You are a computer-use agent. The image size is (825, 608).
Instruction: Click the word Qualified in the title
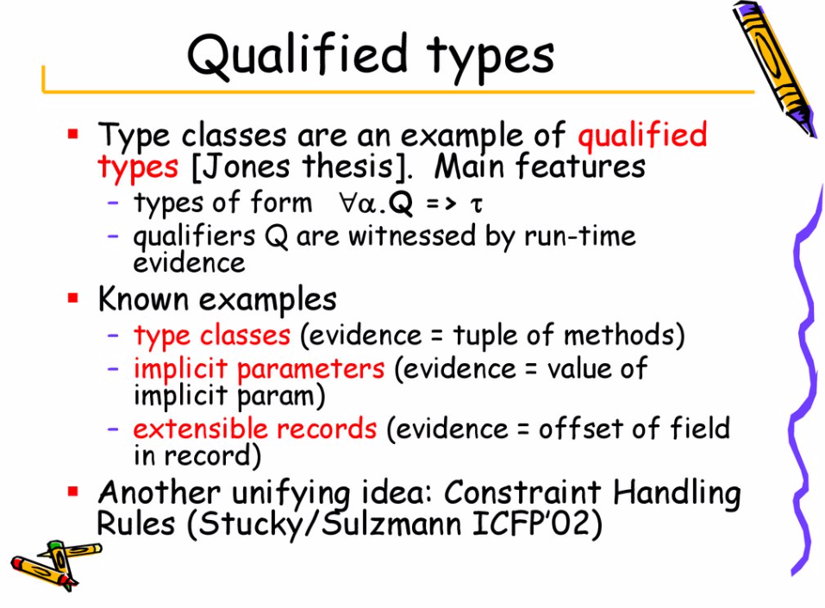297,54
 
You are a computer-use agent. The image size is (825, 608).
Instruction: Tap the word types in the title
491,58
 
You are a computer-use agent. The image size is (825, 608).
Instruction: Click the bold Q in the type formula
402,204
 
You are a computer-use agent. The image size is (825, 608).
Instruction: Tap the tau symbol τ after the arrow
476,204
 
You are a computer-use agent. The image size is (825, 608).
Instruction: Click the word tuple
486,335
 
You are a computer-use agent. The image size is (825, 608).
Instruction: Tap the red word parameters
311,369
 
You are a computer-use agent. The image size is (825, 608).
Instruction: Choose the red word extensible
201,428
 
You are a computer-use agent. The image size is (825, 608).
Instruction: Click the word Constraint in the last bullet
522,492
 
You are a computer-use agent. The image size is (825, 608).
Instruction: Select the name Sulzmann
391,523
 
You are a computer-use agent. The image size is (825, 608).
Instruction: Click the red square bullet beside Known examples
72,298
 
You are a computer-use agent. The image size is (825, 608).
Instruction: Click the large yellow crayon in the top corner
775,68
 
